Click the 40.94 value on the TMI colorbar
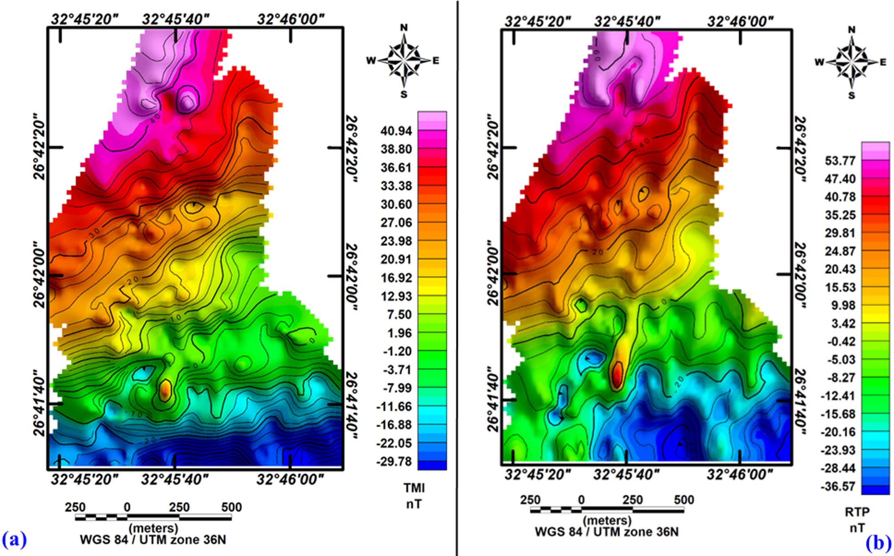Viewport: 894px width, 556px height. click(x=396, y=131)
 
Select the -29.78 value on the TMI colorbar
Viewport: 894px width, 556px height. click(x=394, y=462)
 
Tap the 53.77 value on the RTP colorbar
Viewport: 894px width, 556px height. click(x=840, y=161)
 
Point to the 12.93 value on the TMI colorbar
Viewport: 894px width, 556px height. click(x=396, y=296)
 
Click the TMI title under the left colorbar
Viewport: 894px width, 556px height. click(x=414, y=488)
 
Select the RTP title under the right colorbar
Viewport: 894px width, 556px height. click(x=857, y=512)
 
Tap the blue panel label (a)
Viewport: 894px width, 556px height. click(x=14, y=540)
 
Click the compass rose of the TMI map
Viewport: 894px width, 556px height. click(x=404, y=60)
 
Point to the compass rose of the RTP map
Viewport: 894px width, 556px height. click(x=851, y=63)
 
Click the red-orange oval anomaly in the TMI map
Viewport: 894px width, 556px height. click(x=165, y=390)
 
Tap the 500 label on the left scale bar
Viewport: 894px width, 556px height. click(x=232, y=507)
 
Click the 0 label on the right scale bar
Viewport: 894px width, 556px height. click(x=581, y=500)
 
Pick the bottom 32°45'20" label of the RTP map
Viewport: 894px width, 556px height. click(x=537, y=475)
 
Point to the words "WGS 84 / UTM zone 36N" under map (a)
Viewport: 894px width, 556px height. click(x=153, y=540)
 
